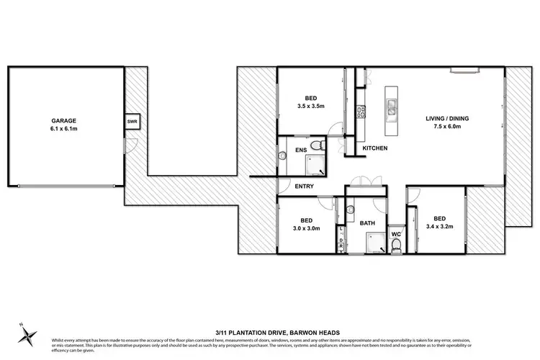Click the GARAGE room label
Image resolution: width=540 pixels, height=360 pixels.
(64, 121)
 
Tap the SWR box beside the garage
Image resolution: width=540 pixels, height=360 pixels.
(132, 122)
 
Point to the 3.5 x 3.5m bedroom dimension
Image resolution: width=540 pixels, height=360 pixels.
(312, 107)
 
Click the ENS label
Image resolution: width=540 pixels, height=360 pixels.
(300, 151)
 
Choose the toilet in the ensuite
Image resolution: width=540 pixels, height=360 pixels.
(322, 146)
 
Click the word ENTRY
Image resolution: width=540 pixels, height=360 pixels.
(304, 186)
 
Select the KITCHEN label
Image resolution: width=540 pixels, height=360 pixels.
(375, 148)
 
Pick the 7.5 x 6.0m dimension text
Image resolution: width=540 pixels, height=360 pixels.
(436, 126)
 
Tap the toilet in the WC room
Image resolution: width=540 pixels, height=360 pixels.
(397, 246)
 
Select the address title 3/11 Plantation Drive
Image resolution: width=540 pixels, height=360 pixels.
(269, 332)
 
